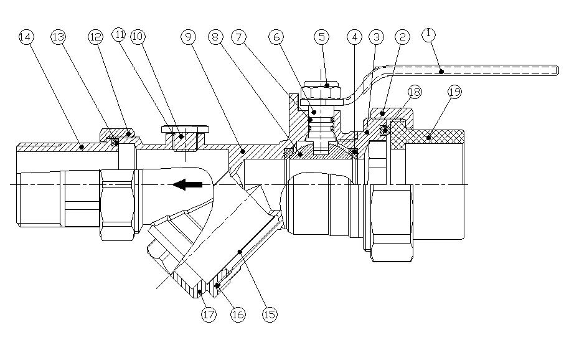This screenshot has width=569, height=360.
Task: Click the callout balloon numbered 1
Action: [x=429, y=36]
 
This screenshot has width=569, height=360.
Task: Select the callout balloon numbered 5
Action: [x=322, y=37]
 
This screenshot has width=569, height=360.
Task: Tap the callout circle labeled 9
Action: [x=189, y=37]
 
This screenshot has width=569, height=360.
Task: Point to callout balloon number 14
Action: [x=26, y=37]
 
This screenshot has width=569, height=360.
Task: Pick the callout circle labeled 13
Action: [x=58, y=37]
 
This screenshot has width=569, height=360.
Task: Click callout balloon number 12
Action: [x=95, y=37]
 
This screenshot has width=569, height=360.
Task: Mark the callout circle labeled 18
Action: [x=414, y=92]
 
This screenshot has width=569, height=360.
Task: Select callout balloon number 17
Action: [x=209, y=315]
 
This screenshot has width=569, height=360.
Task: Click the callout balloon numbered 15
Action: [x=270, y=315]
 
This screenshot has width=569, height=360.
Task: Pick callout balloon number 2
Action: [x=403, y=37]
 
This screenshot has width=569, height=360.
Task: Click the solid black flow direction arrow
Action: [x=187, y=184]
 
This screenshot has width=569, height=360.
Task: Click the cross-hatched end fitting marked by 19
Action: [x=436, y=135]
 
